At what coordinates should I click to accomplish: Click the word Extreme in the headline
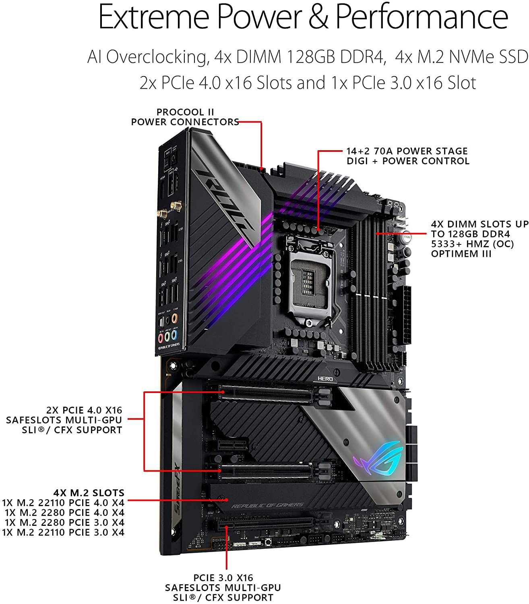click(x=154, y=17)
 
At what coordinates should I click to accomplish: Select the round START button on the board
click(x=407, y=237)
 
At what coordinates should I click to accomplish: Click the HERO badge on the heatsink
click(x=325, y=379)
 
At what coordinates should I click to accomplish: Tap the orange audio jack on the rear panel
click(x=174, y=319)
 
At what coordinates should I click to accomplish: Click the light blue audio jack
click(x=174, y=335)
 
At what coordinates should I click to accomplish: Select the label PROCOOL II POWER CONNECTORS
click(x=185, y=117)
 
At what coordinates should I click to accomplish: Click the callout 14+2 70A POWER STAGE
click(x=407, y=151)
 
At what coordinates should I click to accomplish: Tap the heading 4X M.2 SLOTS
click(x=89, y=493)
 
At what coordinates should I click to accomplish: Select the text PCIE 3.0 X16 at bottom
click(x=223, y=578)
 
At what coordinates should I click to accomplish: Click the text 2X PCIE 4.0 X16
click(x=84, y=410)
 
